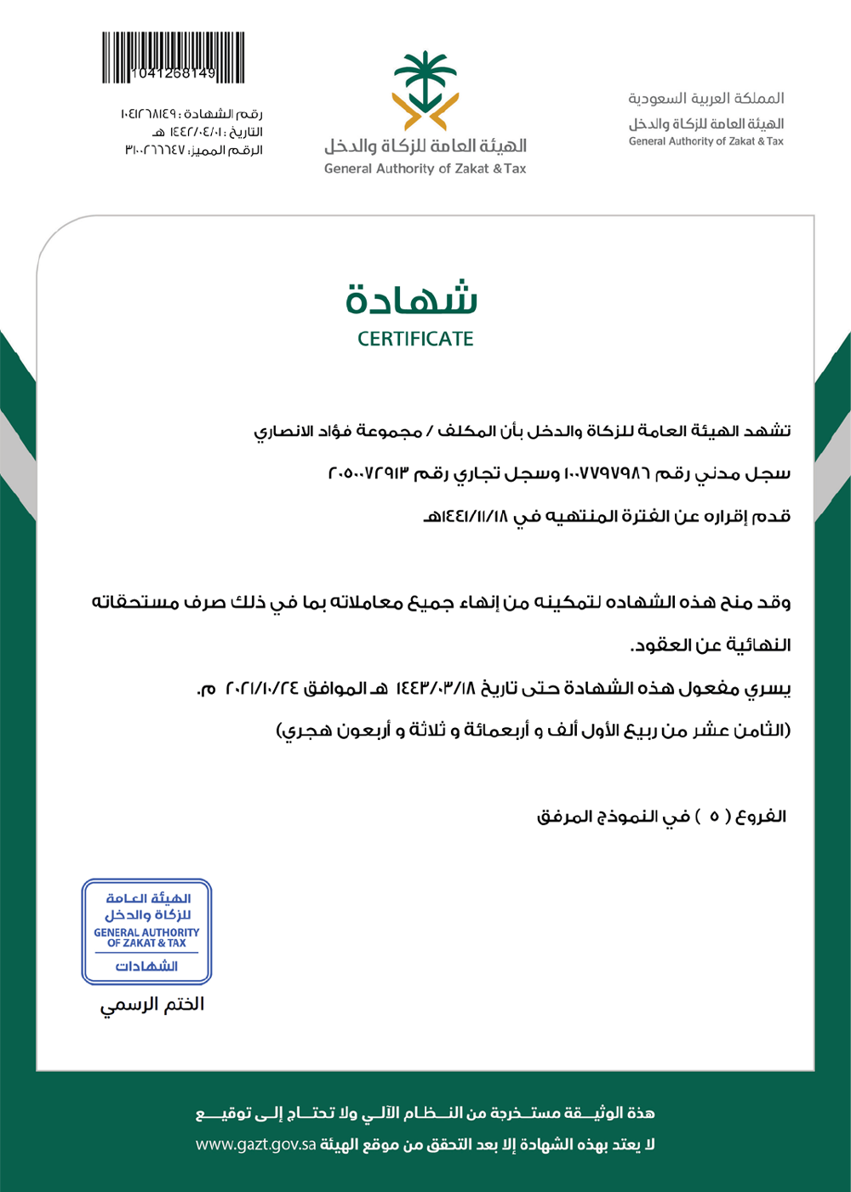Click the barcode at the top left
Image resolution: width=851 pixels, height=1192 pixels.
173,53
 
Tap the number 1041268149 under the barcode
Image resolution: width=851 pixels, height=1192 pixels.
174,74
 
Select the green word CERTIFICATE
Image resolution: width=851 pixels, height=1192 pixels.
415,339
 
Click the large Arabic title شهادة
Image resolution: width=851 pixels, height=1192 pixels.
412,297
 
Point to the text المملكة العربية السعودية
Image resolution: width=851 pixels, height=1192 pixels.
706,99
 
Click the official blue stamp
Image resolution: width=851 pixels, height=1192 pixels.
146,931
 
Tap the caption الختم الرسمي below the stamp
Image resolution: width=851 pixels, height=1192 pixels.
152,1005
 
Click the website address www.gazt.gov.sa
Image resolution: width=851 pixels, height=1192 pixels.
256,1144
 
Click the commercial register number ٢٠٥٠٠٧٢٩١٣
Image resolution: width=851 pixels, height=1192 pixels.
368,473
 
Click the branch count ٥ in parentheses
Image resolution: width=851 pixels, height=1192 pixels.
715,817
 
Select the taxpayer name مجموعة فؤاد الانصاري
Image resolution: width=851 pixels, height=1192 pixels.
338,431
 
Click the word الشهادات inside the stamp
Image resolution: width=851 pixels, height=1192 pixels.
146,966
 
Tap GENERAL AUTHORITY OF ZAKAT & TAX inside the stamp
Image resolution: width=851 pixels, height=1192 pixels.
146,937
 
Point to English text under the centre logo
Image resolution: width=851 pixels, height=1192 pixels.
425,169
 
